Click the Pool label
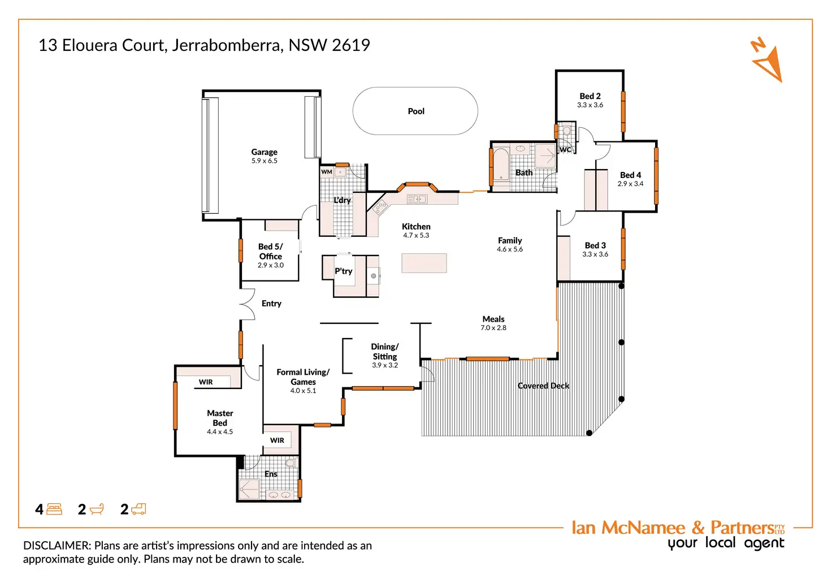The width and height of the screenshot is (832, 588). (x=416, y=111)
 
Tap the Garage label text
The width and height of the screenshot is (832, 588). (x=264, y=152)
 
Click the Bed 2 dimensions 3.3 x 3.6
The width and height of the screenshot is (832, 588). (x=590, y=105)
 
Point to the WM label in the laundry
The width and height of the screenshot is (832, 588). (x=327, y=172)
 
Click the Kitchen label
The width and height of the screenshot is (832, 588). (x=416, y=227)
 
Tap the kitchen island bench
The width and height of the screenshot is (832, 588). (x=424, y=263)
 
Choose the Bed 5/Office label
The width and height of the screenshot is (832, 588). (x=270, y=251)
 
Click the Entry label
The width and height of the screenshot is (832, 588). (x=271, y=304)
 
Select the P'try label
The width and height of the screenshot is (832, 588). (x=343, y=271)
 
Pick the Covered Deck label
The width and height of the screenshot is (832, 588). (x=543, y=386)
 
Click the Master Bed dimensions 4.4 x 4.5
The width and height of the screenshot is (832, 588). (x=220, y=432)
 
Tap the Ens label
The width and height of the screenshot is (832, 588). (x=271, y=474)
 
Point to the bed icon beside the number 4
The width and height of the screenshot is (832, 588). (x=54, y=509)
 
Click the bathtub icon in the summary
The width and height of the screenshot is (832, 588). (x=97, y=509)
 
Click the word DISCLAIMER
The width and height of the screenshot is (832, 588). (x=56, y=546)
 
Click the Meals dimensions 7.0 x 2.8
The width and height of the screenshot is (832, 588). (x=493, y=328)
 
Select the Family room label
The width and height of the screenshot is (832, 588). (x=510, y=241)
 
